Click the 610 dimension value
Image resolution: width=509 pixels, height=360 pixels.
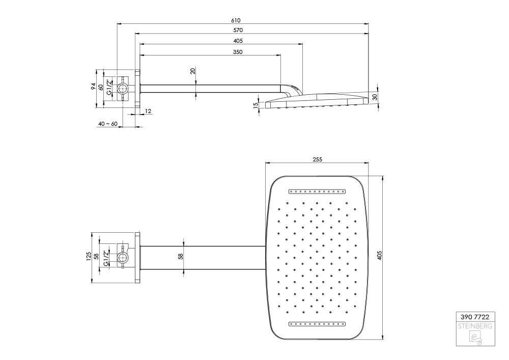tap(236, 20)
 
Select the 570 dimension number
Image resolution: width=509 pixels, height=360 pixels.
tap(238, 30)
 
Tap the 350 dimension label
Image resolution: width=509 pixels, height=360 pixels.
tap(238, 52)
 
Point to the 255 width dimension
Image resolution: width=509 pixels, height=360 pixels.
tap(317, 159)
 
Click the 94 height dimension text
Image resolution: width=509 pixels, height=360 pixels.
tap(93, 87)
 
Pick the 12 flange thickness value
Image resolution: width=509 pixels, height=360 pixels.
tap(148, 112)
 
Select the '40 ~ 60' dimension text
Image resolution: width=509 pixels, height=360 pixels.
tap(107, 124)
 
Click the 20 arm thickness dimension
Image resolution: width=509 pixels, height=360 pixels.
tap(193, 71)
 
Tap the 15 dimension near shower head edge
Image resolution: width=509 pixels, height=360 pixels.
tap(256, 105)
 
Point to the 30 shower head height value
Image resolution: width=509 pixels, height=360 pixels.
tap(375, 97)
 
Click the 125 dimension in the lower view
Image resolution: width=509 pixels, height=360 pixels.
tap(88, 256)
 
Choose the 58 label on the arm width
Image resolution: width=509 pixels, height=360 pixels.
tap(181, 256)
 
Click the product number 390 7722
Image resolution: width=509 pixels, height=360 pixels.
tap(475, 317)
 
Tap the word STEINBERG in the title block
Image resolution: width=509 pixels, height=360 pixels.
tap(475, 326)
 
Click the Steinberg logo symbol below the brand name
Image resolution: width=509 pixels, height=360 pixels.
tap(475, 337)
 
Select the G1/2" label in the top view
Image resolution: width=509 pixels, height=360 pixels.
tap(109, 87)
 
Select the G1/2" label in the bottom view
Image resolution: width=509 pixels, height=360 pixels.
tap(106, 258)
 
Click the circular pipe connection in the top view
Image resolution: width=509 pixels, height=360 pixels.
tap(123, 88)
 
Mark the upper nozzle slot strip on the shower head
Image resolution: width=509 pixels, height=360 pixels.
tap(317, 191)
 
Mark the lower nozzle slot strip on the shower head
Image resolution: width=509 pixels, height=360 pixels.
tap(317, 323)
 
